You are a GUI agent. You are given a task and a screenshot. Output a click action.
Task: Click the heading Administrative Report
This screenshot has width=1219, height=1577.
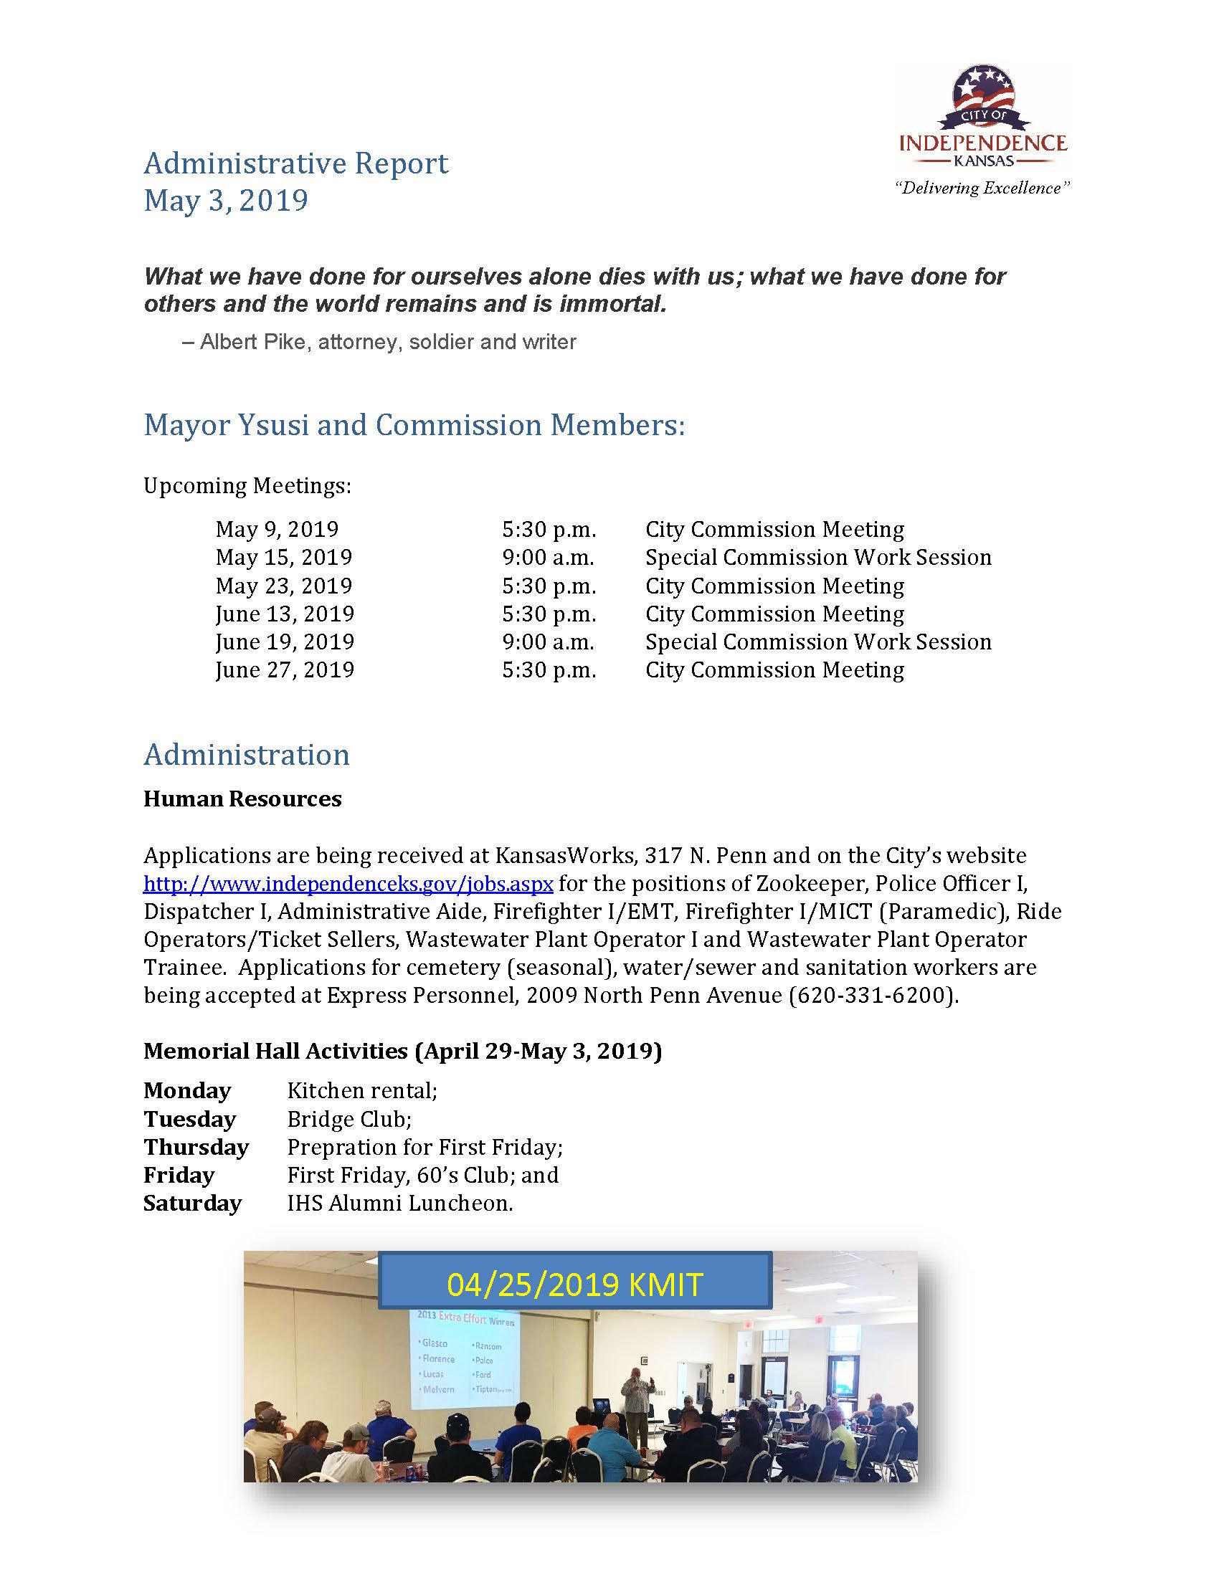click(296, 163)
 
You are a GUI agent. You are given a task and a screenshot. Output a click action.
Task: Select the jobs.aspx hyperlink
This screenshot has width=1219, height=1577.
click(348, 883)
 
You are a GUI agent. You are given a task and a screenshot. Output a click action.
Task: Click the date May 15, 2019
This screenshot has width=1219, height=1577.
click(284, 558)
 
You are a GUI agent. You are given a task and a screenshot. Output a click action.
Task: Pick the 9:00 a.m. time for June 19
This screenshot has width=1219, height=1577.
click(548, 642)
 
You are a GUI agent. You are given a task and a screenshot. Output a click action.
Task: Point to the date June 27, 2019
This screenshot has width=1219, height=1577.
click(285, 670)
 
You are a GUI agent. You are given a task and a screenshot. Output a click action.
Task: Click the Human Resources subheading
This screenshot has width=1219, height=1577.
click(242, 799)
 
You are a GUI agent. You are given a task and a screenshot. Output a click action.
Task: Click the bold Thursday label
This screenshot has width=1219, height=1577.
click(196, 1148)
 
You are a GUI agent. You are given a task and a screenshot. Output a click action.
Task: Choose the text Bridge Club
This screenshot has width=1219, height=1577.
click(348, 1119)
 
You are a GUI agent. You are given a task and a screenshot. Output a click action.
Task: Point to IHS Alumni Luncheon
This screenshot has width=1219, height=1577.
click(399, 1204)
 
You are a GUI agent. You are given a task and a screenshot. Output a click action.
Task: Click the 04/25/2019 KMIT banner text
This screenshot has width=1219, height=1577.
click(574, 1285)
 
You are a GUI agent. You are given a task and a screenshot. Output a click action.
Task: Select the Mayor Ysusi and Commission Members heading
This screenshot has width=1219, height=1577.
click(414, 424)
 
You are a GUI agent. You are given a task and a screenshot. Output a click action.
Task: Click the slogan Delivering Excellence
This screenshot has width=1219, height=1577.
click(982, 189)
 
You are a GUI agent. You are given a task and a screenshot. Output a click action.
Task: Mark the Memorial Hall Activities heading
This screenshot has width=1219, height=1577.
click(402, 1051)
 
